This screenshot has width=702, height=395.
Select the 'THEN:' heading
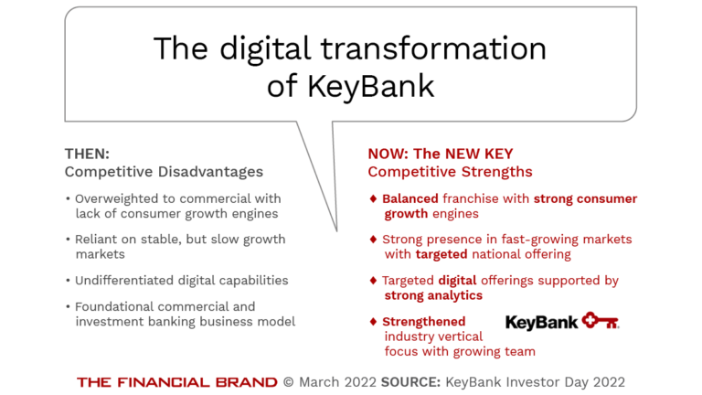tap(87, 154)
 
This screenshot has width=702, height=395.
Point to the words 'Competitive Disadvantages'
tap(164, 172)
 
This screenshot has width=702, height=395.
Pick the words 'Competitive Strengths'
tap(450, 172)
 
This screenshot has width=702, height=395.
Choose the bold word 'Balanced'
tap(410, 198)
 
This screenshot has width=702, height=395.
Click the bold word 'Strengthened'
tap(423, 322)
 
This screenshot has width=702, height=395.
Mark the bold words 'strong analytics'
tap(433, 295)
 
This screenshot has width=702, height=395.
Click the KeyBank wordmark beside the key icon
tap(542, 322)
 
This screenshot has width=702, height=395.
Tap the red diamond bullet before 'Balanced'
tap(373, 198)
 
